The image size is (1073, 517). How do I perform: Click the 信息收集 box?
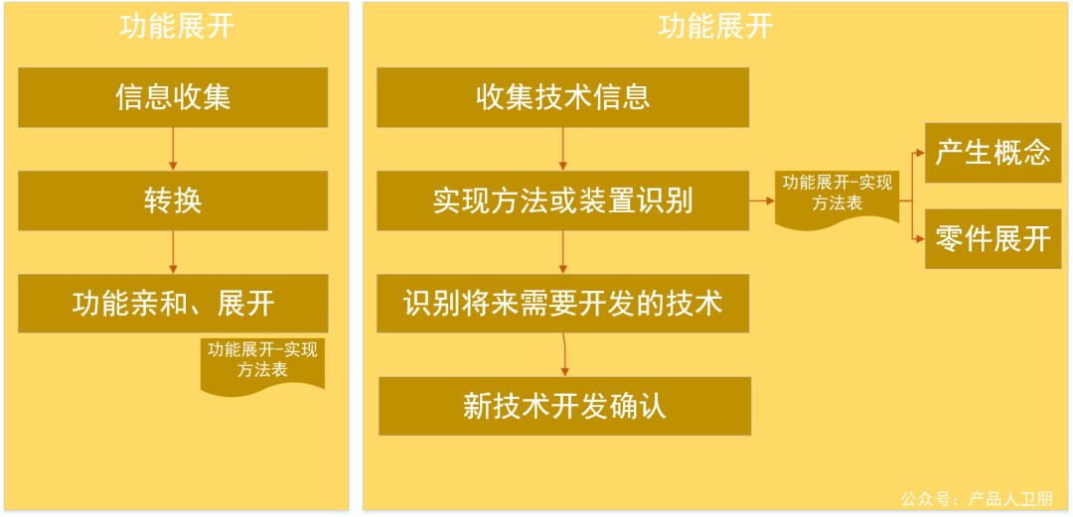(173, 97)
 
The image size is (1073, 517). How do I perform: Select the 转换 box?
(173, 200)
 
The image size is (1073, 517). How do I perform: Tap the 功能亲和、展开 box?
(173, 304)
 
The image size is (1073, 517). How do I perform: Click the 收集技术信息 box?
(562, 97)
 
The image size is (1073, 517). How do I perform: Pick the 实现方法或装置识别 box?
(562, 200)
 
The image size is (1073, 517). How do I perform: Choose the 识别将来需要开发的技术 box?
(562, 304)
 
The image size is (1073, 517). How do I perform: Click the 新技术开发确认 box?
(564, 406)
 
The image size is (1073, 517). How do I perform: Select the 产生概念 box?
(993, 153)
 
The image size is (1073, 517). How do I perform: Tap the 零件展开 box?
(993, 238)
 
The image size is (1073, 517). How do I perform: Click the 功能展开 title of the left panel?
(176, 26)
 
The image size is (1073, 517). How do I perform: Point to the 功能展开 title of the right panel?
(714, 26)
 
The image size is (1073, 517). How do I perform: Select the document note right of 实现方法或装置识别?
(837, 195)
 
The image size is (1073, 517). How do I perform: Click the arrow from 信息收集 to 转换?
(173, 149)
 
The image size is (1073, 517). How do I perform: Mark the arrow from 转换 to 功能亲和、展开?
(173, 252)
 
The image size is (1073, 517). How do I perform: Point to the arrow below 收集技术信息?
(562, 149)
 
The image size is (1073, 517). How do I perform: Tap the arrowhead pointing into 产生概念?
(918, 154)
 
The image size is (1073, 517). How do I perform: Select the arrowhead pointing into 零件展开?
(918, 238)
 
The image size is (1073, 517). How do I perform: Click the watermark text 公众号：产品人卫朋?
(976, 498)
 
